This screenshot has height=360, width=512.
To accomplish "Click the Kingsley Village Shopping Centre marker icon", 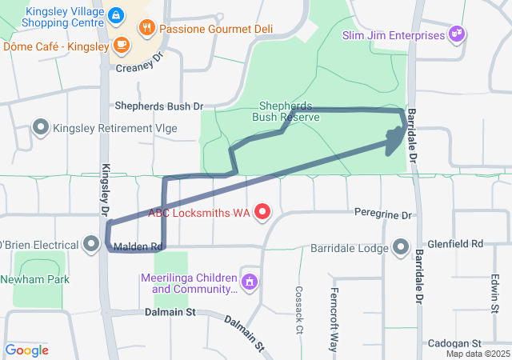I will pos(116,15).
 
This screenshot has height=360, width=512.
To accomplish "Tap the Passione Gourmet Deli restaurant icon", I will pos(146,28).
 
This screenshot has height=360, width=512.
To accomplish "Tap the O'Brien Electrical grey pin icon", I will pos(93,244).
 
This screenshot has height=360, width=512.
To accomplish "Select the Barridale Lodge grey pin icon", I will pos(401,246).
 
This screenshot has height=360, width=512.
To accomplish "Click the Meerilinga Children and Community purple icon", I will pos(250,282).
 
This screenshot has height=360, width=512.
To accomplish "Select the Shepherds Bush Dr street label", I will pos(159,106).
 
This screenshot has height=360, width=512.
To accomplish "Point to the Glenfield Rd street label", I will pos(455,242).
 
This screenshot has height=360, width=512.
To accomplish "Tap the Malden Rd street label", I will pos(138,246).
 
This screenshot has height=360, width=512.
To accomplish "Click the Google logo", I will pos(27,350).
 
